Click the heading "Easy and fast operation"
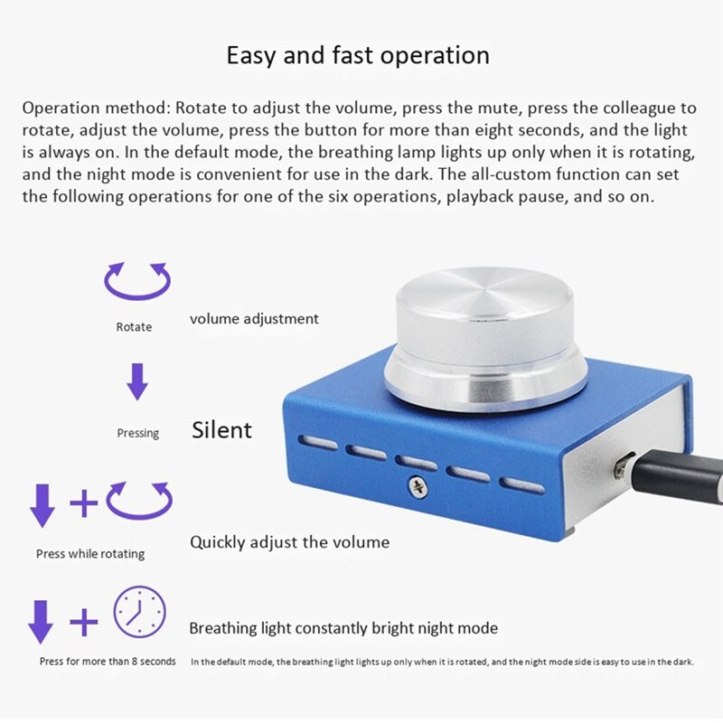tap(358, 56)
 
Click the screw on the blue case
tap(418, 488)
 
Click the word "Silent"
tap(221, 430)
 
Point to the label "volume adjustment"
tap(254, 318)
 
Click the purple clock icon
tap(139, 613)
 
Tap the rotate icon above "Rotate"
tap(137, 280)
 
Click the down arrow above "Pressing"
tap(136, 381)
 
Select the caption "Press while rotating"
tap(90, 553)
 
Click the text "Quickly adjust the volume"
tap(289, 542)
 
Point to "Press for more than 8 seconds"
tap(108, 662)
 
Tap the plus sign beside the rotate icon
tap(83, 502)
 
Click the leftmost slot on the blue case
tap(317, 443)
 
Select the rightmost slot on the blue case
tap(524, 486)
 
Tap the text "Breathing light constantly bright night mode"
tap(343, 628)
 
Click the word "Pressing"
tap(137, 433)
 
